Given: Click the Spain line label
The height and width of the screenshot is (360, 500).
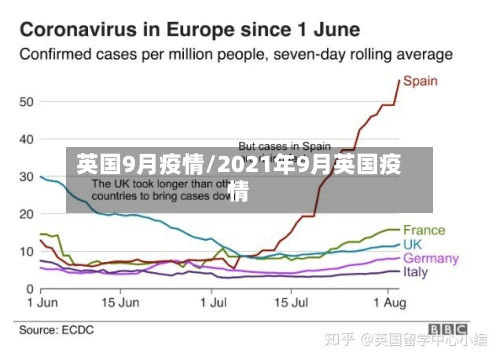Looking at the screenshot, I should (x=420, y=81).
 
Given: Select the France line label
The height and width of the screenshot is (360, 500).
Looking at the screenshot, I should (x=424, y=230).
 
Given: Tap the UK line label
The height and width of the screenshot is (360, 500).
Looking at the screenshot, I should (x=413, y=244).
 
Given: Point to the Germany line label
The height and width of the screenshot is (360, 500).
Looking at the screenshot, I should (x=430, y=258).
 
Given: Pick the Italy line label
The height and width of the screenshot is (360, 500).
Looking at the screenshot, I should (x=415, y=271).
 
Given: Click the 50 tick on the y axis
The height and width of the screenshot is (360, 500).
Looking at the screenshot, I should (x=25, y=102).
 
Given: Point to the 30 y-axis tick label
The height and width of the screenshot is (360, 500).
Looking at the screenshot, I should (x=25, y=177).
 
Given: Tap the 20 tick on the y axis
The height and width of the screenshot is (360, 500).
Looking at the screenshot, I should (x=25, y=214).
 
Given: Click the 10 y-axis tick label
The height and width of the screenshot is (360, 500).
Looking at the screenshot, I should (x=25, y=251).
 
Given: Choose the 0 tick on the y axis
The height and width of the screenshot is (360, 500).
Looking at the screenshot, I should (x=29, y=288).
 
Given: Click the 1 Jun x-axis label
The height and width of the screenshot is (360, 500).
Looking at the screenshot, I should (x=41, y=300).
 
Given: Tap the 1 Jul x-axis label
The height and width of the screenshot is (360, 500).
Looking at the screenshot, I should (x=214, y=300).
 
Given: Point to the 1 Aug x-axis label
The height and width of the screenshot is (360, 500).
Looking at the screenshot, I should (x=388, y=300).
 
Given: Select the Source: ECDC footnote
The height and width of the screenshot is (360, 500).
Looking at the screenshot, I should (x=56, y=329).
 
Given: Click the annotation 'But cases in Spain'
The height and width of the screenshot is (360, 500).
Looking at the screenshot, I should (x=284, y=145).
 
